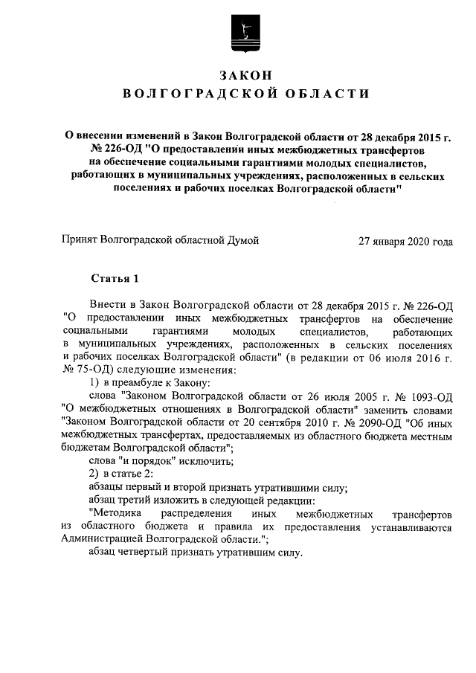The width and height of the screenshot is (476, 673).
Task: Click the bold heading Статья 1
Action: click(x=115, y=279)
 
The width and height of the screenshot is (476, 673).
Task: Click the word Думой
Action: click(x=243, y=240)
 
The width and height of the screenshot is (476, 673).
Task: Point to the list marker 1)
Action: click(x=94, y=383)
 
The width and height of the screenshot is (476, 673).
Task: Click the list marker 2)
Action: click(x=94, y=474)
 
